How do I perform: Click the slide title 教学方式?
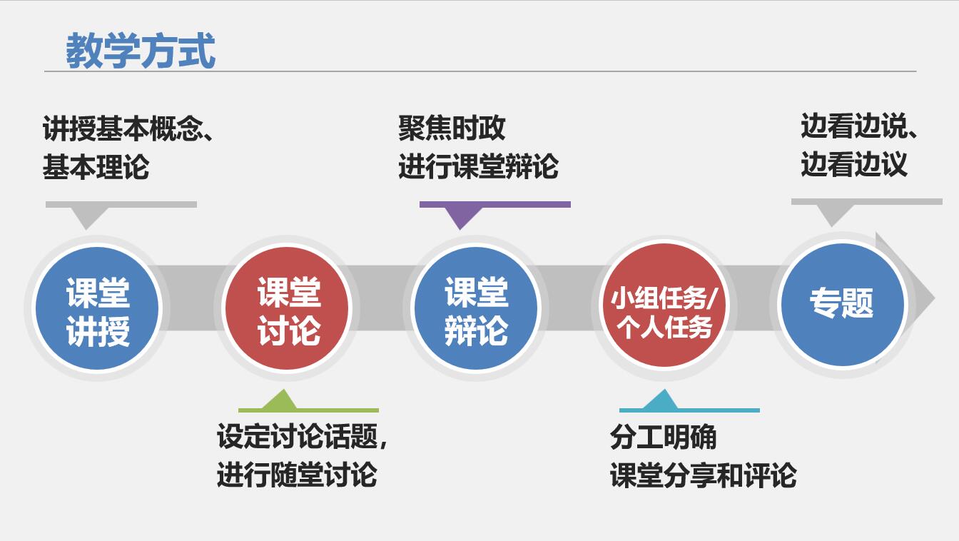141,51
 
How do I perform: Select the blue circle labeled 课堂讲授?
98,308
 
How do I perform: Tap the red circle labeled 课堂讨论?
288,308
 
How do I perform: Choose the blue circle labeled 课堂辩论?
476,308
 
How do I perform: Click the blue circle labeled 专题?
842,304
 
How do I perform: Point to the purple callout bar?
494,205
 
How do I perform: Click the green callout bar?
308,410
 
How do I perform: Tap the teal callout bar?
689,410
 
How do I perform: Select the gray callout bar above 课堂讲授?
121,205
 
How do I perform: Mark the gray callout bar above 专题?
866,202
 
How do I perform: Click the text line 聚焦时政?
452,128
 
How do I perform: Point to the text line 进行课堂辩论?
478,167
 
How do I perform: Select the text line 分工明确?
663,438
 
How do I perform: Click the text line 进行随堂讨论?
297,475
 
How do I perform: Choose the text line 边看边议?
853,165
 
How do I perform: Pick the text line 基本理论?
96,167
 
